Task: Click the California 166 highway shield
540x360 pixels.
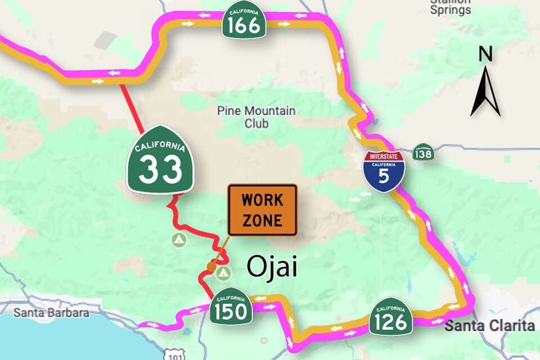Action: coord(244,21)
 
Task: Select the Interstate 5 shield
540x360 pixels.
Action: coord(383,170)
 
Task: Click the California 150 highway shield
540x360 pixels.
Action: coord(231,308)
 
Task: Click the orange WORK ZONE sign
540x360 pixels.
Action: coord(262,210)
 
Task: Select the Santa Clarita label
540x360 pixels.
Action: coord(489,326)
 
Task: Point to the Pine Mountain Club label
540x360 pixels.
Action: coord(256,117)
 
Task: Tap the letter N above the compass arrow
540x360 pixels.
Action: coord(485,54)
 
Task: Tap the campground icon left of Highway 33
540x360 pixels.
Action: coord(178,240)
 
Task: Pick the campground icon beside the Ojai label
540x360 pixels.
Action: coord(224,273)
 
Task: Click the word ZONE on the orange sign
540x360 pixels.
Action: coord(262,219)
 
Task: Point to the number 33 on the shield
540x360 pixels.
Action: coord(160,169)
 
